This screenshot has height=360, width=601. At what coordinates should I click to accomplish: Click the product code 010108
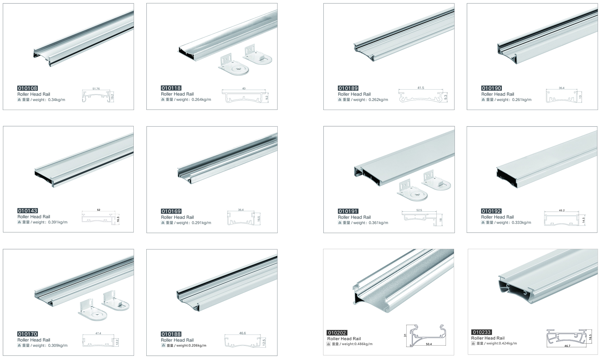point(28,88)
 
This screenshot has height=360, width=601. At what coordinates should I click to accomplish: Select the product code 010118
point(171,88)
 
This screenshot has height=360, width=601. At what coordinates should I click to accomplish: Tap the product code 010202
point(337,333)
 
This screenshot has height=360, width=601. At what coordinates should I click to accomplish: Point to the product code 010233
point(482,332)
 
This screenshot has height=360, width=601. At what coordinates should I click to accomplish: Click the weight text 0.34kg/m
point(56,100)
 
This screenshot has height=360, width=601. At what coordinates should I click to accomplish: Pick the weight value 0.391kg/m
point(58,222)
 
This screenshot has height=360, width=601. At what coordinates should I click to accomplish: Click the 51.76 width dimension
point(96,89)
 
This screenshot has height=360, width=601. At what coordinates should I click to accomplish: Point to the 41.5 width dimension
point(421,88)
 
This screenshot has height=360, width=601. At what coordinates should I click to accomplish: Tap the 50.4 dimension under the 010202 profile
point(429,344)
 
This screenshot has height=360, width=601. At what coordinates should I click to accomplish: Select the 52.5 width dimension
point(419,210)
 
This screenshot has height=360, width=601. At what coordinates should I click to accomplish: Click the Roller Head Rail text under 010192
point(497,217)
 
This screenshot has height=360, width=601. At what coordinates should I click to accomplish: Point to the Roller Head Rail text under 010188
point(177,340)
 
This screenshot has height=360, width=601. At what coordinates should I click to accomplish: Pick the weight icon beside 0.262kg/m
point(340,100)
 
